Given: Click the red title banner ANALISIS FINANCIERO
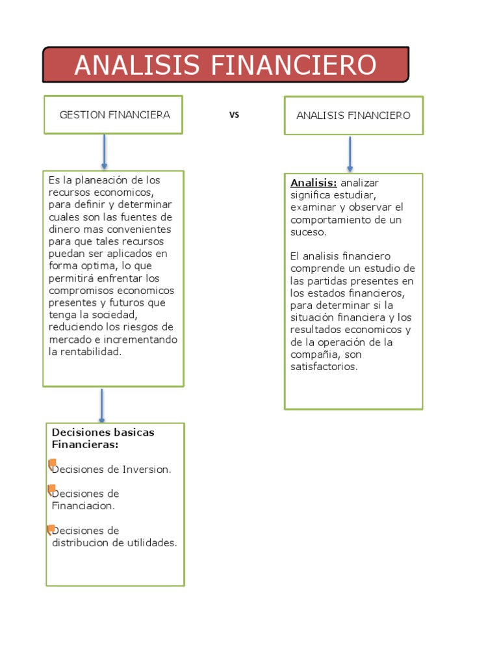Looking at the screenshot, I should pos(225,65).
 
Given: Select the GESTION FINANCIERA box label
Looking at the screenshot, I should pos(114,115).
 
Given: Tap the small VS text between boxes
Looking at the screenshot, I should pos(235,115).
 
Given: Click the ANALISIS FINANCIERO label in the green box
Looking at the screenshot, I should pos(353,116).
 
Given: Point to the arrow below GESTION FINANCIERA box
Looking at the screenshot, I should pos(104,152).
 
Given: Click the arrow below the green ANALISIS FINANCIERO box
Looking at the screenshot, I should pos(350,154).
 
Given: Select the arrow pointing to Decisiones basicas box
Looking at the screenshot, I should pos(102,405).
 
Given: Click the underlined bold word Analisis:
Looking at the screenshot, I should pos(314,183).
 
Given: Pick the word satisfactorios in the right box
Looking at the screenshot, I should pos(324,367).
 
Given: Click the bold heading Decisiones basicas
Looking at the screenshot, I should pos(103,433).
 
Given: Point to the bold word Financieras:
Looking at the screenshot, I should pos(85,445).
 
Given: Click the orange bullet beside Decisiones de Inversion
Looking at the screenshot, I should pos(52,464).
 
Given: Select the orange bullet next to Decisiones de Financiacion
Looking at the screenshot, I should pos(51,489).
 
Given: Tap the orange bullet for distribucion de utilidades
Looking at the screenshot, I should pos(51,529).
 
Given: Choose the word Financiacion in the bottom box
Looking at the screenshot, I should pos(83,506).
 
